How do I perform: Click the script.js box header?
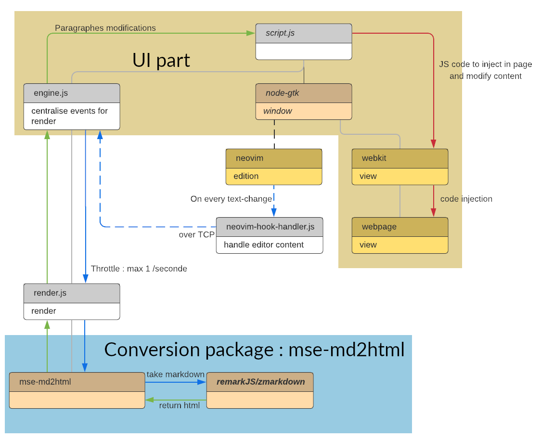point(303,33)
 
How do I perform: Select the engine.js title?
point(71,93)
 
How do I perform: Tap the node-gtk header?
point(303,93)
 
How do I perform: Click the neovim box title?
point(273,158)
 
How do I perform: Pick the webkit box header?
point(399,158)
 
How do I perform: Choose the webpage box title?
point(399,227)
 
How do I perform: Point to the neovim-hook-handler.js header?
point(270,227)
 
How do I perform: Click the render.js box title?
point(71,293)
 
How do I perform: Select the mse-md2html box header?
point(77,382)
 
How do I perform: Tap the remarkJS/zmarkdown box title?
point(260,382)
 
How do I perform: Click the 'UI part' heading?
point(161,60)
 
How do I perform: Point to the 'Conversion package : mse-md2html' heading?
point(254,349)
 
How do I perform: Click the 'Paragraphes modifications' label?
point(105,28)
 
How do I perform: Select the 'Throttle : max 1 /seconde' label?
point(139,269)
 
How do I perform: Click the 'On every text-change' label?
point(231,199)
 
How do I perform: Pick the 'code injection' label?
point(466,199)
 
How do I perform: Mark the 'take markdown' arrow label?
point(175,375)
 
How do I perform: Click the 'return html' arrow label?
point(179,405)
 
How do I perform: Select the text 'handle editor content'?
point(264,245)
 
